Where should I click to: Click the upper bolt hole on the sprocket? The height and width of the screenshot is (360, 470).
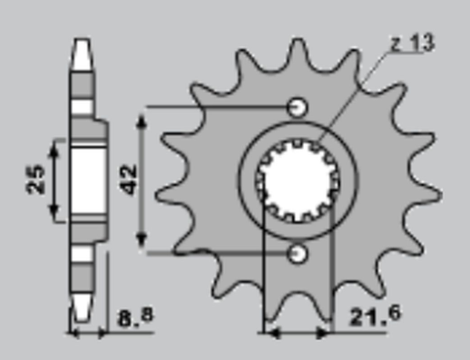[297, 108]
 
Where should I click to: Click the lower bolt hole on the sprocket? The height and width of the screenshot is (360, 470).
[297, 254]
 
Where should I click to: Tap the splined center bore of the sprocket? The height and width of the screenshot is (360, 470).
[297, 181]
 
